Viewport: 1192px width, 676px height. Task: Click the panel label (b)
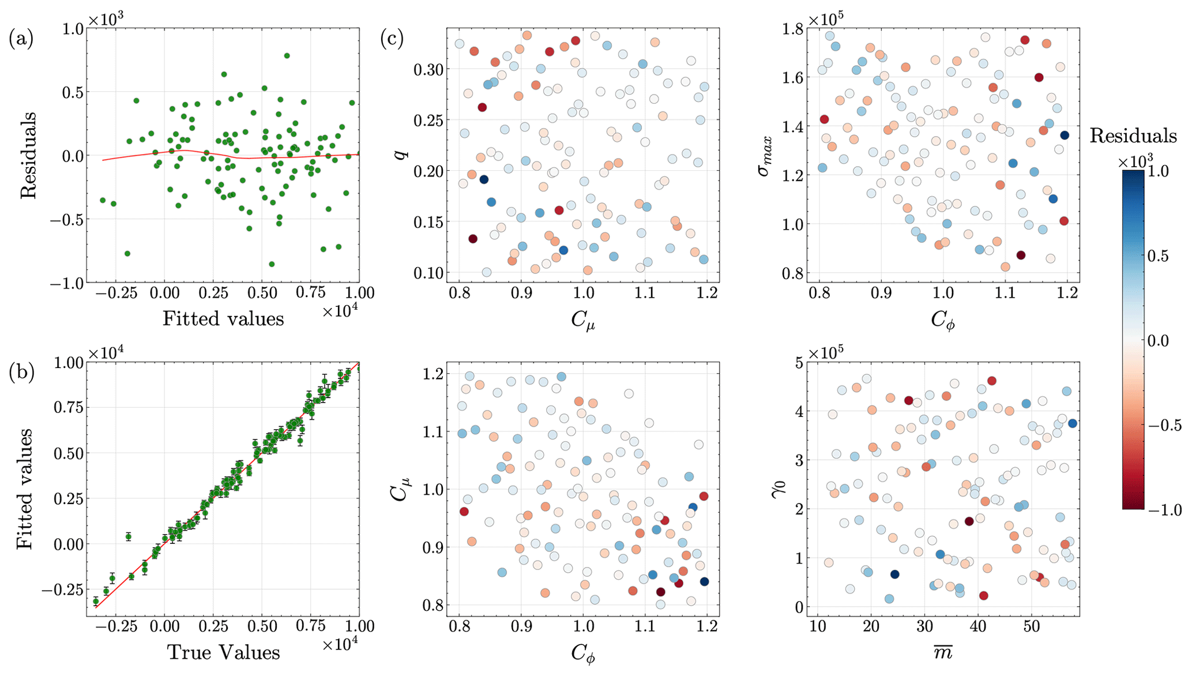21,373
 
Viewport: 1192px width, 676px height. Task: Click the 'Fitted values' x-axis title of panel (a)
223,318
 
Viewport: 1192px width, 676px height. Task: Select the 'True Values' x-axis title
223,652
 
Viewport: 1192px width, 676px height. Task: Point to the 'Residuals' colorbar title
1133,136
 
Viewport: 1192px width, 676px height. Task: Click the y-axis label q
402,151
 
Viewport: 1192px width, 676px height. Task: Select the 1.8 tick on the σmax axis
794,28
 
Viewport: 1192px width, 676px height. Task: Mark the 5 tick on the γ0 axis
800,363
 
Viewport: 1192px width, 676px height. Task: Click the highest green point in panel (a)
287,56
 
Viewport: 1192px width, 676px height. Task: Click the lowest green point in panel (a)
272,264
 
